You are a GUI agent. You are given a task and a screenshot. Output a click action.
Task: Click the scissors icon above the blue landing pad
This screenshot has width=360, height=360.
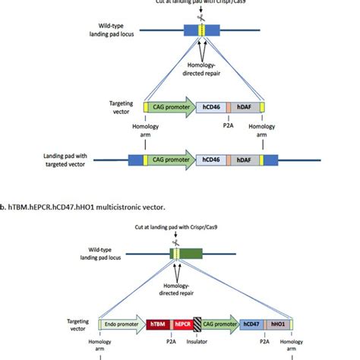(x=201, y=17)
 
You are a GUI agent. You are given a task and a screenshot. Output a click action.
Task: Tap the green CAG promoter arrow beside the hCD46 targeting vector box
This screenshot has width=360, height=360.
(x=169, y=109)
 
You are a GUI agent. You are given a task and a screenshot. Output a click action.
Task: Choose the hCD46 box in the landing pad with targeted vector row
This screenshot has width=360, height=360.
(x=218, y=161)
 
